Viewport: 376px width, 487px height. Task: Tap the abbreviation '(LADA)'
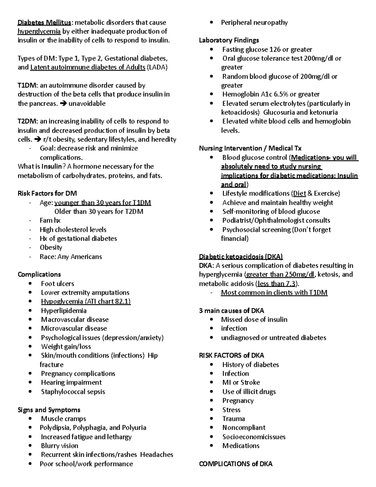point(157,67)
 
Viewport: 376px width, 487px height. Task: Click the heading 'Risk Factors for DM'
point(47,193)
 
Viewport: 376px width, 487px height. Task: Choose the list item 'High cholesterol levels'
point(73,230)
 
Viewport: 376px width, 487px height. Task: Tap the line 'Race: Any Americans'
point(71,257)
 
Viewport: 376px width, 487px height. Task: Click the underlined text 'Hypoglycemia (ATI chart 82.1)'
point(86,302)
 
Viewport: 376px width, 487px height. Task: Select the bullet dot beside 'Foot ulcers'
point(30,284)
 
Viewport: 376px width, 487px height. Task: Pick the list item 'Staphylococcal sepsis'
point(73,392)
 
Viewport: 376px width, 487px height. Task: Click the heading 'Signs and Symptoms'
point(49,410)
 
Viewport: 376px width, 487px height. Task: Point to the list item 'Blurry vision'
point(60,446)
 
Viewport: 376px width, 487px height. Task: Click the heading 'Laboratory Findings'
point(229,40)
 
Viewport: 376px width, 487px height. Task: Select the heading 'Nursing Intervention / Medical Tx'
point(250,148)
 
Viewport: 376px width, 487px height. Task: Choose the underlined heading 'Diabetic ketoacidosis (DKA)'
point(241,257)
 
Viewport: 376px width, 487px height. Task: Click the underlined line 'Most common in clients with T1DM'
point(274,293)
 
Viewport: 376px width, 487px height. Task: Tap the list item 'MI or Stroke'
point(241,383)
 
